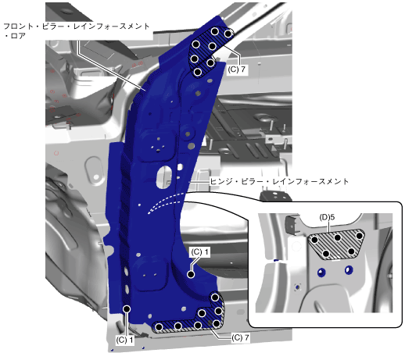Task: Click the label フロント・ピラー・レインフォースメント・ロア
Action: [76, 30]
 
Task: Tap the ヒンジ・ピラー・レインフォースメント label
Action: [279, 181]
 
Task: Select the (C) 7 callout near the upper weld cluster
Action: [236, 70]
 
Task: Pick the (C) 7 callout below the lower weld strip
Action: [240, 337]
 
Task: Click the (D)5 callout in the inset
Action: [327, 217]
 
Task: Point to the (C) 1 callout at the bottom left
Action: [124, 340]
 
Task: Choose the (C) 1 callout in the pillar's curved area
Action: [200, 252]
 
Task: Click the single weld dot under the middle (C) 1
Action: [191, 274]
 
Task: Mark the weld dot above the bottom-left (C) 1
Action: [127, 309]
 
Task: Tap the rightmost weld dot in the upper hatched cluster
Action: [228, 34]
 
